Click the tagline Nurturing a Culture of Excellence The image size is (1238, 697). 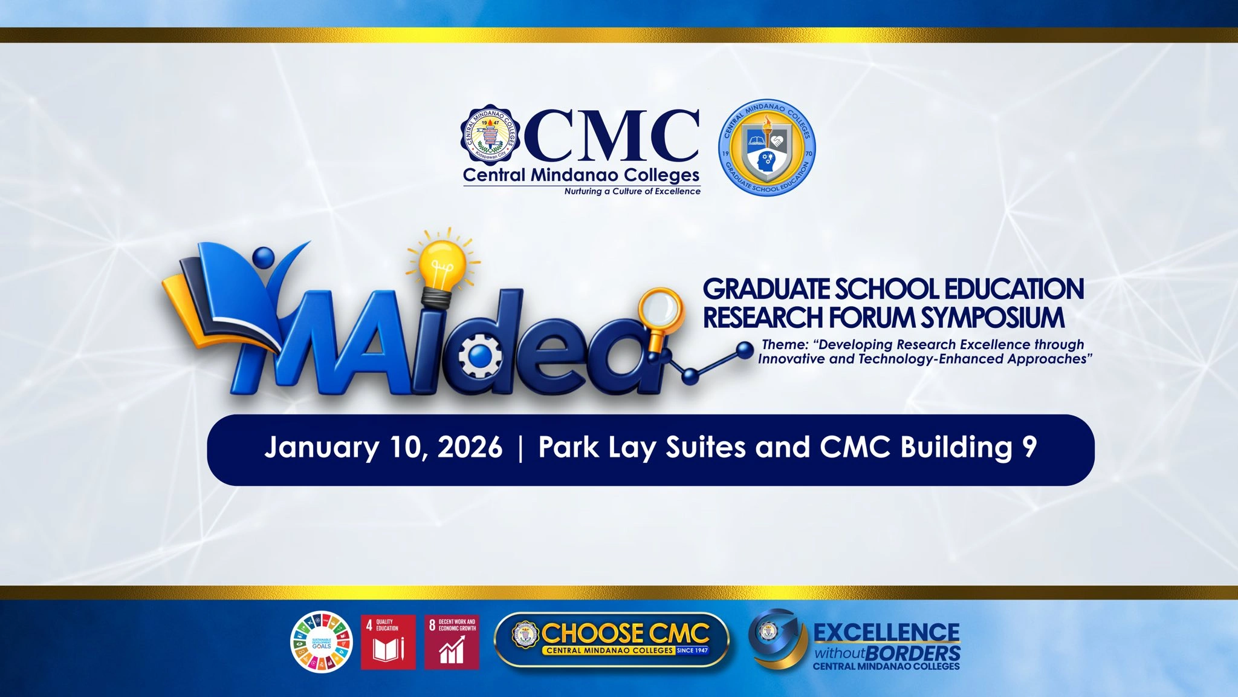tap(632, 191)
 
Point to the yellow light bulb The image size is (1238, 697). tap(444, 261)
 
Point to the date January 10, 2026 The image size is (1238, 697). tap(383, 448)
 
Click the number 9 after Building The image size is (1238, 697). tap(1030, 448)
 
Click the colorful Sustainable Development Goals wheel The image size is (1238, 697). tap(321, 641)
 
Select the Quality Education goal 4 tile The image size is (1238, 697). tap(388, 642)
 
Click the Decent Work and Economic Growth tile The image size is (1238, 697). tap(452, 642)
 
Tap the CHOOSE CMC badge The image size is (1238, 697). tap(612, 640)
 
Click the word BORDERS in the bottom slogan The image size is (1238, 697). tap(912, 653)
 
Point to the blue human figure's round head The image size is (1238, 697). tap(263, 258)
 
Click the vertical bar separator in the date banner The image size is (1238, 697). tap(520, 448)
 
